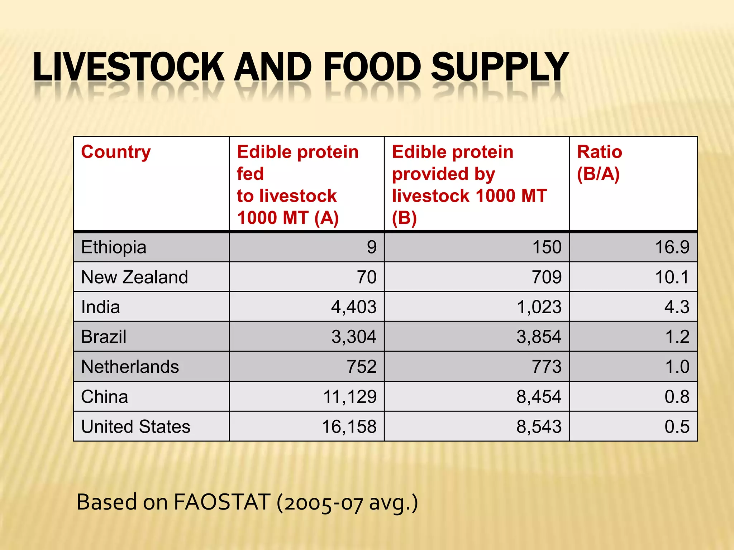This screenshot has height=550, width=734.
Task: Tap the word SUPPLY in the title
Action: tap(500, 67)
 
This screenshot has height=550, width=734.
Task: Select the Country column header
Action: tap(116, 152)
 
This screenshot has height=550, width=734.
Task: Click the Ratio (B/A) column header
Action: tap(599, 163)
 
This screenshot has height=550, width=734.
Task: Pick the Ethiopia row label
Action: tap(114, 247)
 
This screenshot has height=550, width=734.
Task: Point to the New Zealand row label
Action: tap(134, 277)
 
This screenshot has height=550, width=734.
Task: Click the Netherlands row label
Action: tap(130, 367)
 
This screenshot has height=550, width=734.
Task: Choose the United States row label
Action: tap(135, 426)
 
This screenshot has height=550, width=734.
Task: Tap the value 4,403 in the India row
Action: tap(353, 307)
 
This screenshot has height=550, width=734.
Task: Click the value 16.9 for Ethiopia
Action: tap(672, 247)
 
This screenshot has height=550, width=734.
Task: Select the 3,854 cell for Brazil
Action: tap(539, 337)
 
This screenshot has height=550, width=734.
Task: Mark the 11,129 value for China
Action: tap(349, 397)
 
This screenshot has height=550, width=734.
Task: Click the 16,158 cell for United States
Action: tap(349, 426)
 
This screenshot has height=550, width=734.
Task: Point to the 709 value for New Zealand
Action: tap(546, 277)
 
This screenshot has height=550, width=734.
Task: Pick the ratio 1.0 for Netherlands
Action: tap(677, 367)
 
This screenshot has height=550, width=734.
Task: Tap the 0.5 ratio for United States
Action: tap(677, 426)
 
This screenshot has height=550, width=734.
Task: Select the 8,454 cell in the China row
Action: tap(539, 397)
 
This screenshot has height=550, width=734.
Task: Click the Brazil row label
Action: tap(104, 337)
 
